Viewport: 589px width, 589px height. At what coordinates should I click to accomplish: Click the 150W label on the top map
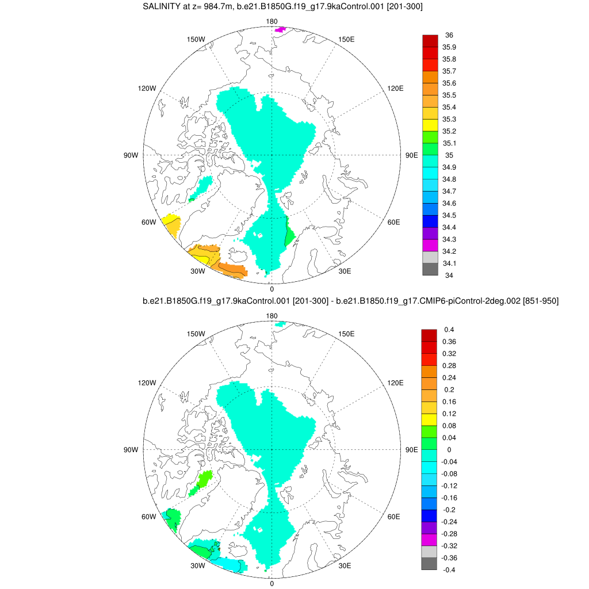click(x=196, y=39)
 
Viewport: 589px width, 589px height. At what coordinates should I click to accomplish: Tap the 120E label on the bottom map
click(x=395, y=383)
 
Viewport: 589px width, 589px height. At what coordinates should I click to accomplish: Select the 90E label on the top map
click(x=412, y=155)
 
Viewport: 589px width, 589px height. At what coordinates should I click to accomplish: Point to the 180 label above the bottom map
click(x=272, y=316)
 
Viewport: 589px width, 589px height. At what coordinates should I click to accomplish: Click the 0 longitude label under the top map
click(x=271, y=289)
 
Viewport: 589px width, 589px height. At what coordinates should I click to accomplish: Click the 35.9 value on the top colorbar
click(x=449, y=47)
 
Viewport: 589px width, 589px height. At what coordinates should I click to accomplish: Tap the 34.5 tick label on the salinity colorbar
click(x=449, y=216)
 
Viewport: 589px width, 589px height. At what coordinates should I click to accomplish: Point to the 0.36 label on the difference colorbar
click(x=449, y=342)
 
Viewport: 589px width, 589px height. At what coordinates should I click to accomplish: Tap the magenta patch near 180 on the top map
click(x=280, y=29)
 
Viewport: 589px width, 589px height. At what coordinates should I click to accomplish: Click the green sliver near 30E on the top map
click(x=290, y=235)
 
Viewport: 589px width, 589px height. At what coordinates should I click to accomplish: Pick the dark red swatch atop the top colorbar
click(x=430, y=41)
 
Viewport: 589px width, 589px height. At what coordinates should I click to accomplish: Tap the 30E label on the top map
click(x=345, y=271)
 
